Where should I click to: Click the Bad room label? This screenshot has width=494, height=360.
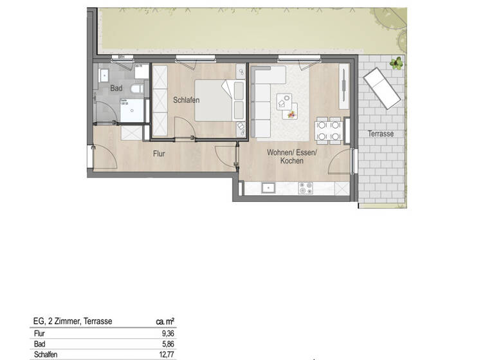tap(116, 88)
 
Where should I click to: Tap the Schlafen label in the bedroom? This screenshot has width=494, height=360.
tap(186, 100)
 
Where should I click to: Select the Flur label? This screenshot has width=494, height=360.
tap(160, 154)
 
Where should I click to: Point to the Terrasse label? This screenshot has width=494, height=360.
tap(381, 134)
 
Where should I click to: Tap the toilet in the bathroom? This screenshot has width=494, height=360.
tap(137, 89)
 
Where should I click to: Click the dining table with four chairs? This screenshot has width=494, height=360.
tap(328, 131)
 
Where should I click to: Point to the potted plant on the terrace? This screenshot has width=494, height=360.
tap(397, 63)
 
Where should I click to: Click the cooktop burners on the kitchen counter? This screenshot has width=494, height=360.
tap(305, 188)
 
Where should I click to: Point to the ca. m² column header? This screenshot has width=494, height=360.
tap(165, 321)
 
